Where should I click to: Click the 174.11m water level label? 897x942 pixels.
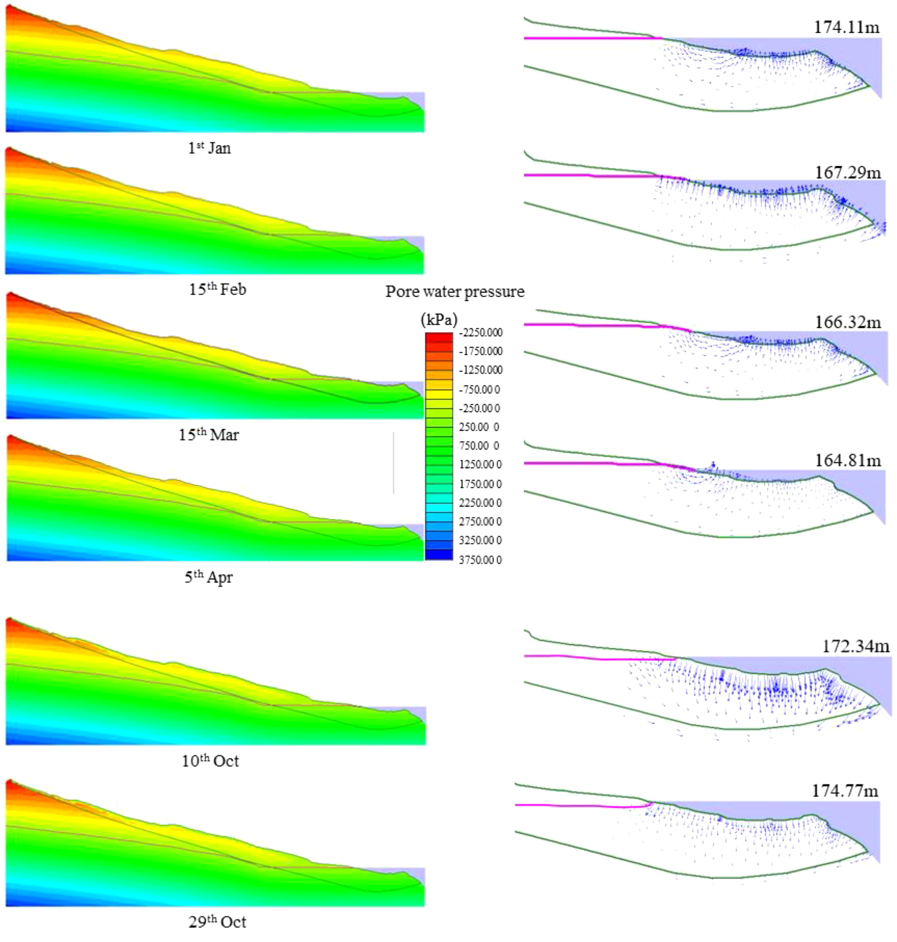(x=847, y=27)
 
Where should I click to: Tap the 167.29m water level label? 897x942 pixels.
(x=848, y=173)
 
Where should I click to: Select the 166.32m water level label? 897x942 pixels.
(x=848, y=322)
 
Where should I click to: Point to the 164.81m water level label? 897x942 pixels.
(x=848, y=460)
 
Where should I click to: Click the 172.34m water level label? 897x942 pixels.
(x=855, y=646)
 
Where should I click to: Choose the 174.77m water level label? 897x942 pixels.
(x=845, y=791)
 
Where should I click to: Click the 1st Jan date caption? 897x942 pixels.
(x=209, y=148)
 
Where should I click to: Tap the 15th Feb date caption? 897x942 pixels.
(x=217, y=289)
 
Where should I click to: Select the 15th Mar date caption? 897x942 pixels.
(x=208, y=434)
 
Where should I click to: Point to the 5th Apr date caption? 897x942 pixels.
(x=208, y=577)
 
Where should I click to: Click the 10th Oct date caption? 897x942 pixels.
(x=210, y=761)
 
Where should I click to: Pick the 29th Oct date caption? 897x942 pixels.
(x=217, y=921)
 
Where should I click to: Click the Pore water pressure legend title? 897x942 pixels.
(x=455, y=291)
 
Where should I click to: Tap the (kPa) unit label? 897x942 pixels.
(x=439, y=319)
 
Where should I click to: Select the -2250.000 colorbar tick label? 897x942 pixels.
(x=481, y=333)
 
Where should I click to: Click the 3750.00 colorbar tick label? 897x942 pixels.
(x=480, y=560)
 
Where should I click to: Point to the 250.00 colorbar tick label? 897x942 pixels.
(x=479, y=427)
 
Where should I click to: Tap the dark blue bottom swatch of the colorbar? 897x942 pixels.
(x=439, y=555)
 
